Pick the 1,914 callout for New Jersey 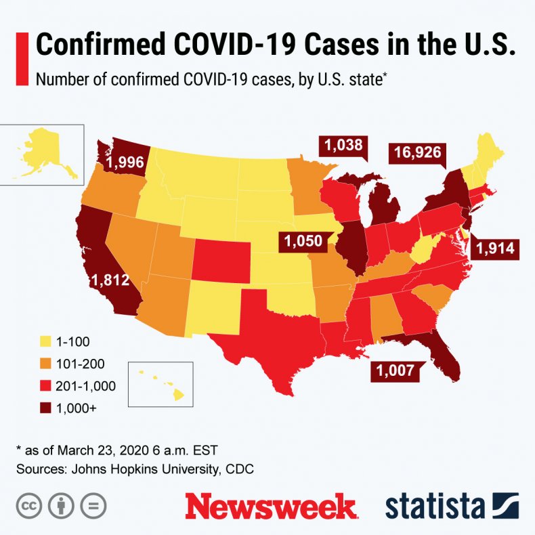pyautogui.click(x=496, y=248)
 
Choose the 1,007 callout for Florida pyautogui.click(x=393, y=370)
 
